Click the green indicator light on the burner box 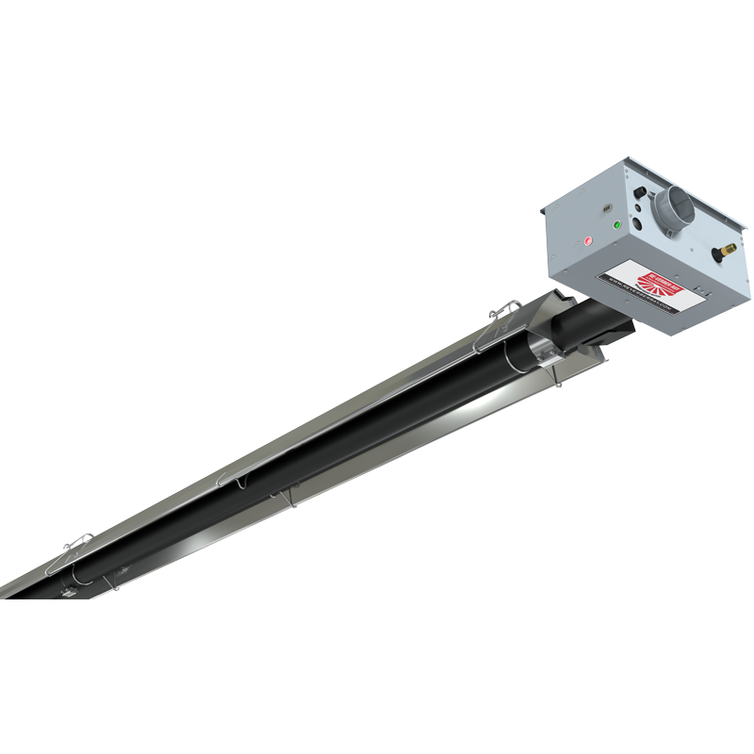point(616,225)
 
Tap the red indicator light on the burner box point(589,239)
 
